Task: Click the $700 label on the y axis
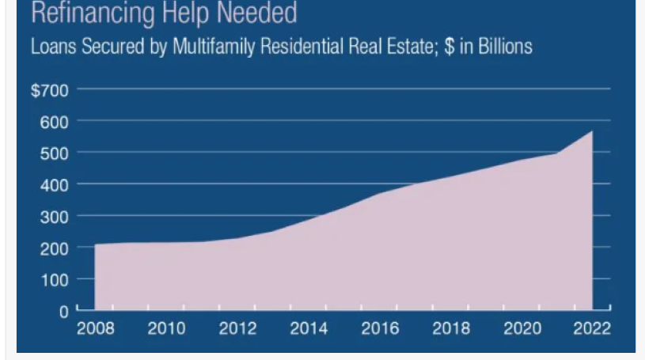49,90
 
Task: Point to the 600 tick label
54,122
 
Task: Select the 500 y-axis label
54,153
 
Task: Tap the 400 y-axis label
54,185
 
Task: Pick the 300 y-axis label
54,217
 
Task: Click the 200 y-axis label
54,248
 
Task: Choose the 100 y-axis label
54,280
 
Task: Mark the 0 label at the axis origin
64,311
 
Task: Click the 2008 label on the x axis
95,328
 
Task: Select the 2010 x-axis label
166,328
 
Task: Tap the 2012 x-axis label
237,328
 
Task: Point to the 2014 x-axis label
309,328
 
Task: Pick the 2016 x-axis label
379,328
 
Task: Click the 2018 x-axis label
450,328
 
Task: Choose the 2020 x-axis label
522,328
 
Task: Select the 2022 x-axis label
592,328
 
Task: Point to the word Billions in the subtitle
503,47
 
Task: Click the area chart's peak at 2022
591,133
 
